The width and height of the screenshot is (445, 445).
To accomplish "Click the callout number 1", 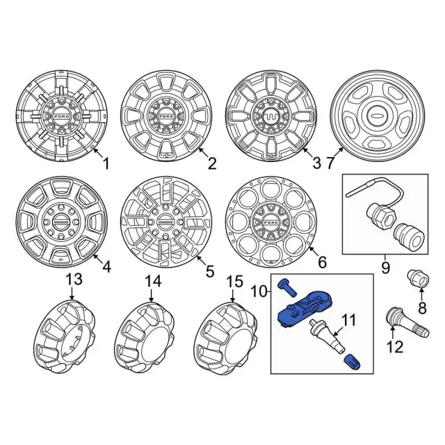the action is pyautogui.click(x=106, y=164).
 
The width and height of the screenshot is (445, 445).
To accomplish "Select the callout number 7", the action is pyautogui.click(x=331, y=163).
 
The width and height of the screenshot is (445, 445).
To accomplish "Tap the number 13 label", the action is pyautogui.click(x=74, y=280).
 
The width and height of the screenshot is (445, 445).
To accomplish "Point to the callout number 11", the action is pyautogui.click(x=348, y=321).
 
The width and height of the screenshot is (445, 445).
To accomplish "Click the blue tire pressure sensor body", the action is pyautogui.click(x=306, y=309).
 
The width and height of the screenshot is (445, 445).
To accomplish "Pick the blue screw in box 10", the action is pyautogui.click(x=287, y=287).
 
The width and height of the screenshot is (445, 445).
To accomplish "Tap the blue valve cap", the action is pyautogui.click(x=352, y=362).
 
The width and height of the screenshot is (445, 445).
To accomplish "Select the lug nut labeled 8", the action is pyautogui.click(x=418, y=278).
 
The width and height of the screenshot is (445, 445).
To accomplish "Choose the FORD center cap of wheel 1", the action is pyautogui.click(x=62, y=117).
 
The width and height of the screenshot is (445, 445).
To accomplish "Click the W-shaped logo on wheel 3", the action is pyautogui.click(x=270, y=116).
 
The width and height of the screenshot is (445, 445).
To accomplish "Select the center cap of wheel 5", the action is pyautogui.click(x=166, y=221).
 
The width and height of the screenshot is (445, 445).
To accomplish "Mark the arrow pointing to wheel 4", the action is pyautogui.click(x=97, y=258).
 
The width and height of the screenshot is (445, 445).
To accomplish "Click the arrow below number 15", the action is pyautogui.click(x=233, y=295).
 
